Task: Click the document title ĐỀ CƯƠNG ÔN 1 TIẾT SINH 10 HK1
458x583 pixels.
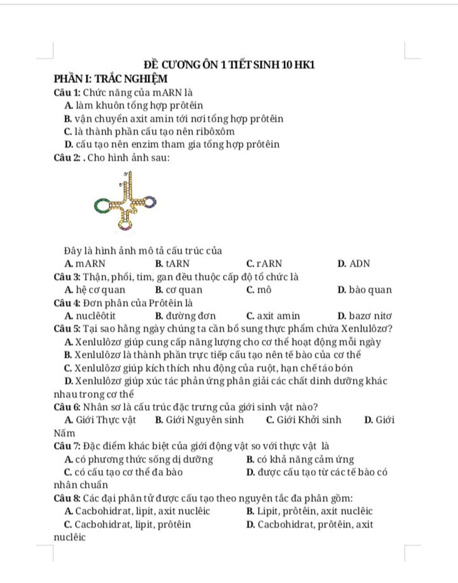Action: (229, 65)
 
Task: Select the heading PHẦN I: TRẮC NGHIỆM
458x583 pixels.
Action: (110, 79)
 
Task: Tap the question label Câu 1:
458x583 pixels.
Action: (67, 93)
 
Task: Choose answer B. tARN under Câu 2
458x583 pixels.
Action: (172, 264)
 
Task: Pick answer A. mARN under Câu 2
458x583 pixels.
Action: (85, 264)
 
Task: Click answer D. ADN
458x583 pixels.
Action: (354, 264)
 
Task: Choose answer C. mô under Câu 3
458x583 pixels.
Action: (259, 290)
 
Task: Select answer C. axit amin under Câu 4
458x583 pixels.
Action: (273, 316)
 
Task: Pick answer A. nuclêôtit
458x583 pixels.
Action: (90, 316)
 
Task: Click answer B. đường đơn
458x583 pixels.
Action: (185, 316)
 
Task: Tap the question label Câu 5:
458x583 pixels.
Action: (67, 329)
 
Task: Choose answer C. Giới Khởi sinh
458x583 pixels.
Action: (303, 420)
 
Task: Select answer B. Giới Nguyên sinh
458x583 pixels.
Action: (199, 420)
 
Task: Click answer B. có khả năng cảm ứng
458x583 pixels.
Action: (300, 460)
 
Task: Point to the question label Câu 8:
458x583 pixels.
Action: (67, 499)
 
